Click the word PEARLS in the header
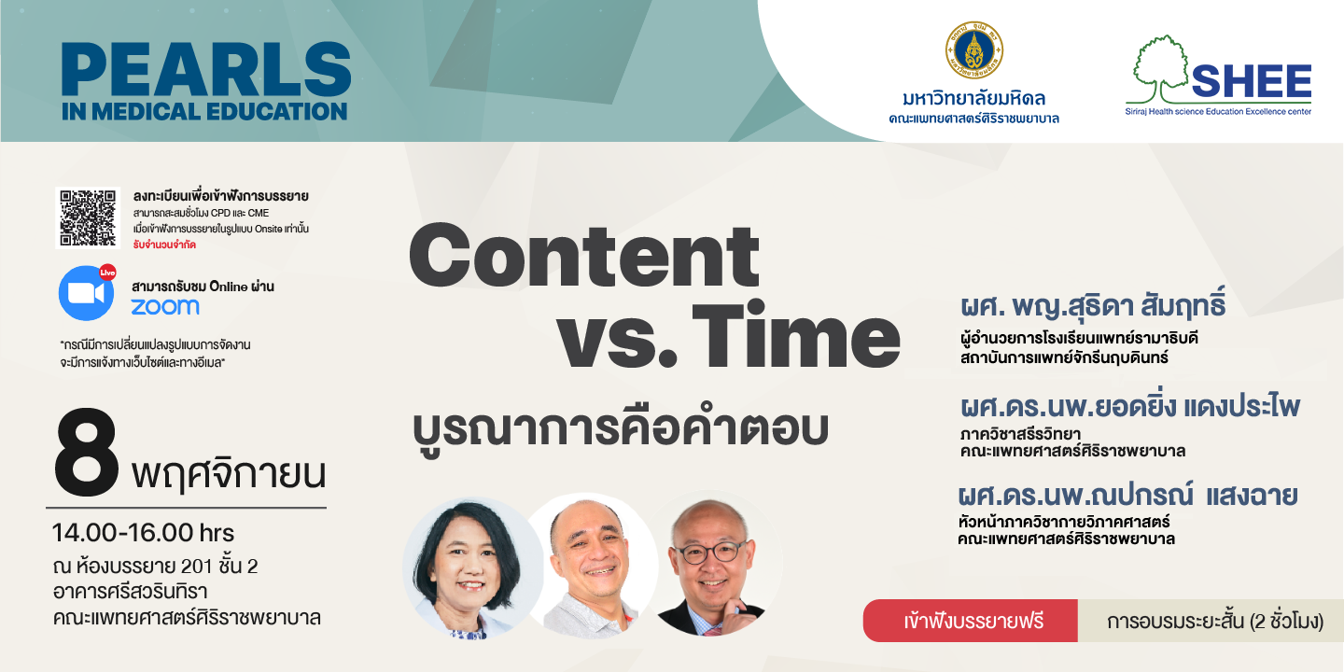click(205, 69)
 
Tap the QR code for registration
click(88, 217)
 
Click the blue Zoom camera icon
click(86, 293)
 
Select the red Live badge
click(107, 273)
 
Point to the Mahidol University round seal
click(973, 50)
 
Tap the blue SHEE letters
click(1252, 81)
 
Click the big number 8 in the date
click(87, 455)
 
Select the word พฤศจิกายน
click(229, 474)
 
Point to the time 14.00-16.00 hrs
click(144, 533)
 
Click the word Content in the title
click(584, 256)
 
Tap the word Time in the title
click(795, 334)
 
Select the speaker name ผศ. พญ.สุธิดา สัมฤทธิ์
click(1093, 306)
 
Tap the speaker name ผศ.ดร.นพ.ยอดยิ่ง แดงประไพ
click(1129, 407)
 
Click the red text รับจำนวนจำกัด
click(164, 245)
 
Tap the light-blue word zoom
click(165, 307)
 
